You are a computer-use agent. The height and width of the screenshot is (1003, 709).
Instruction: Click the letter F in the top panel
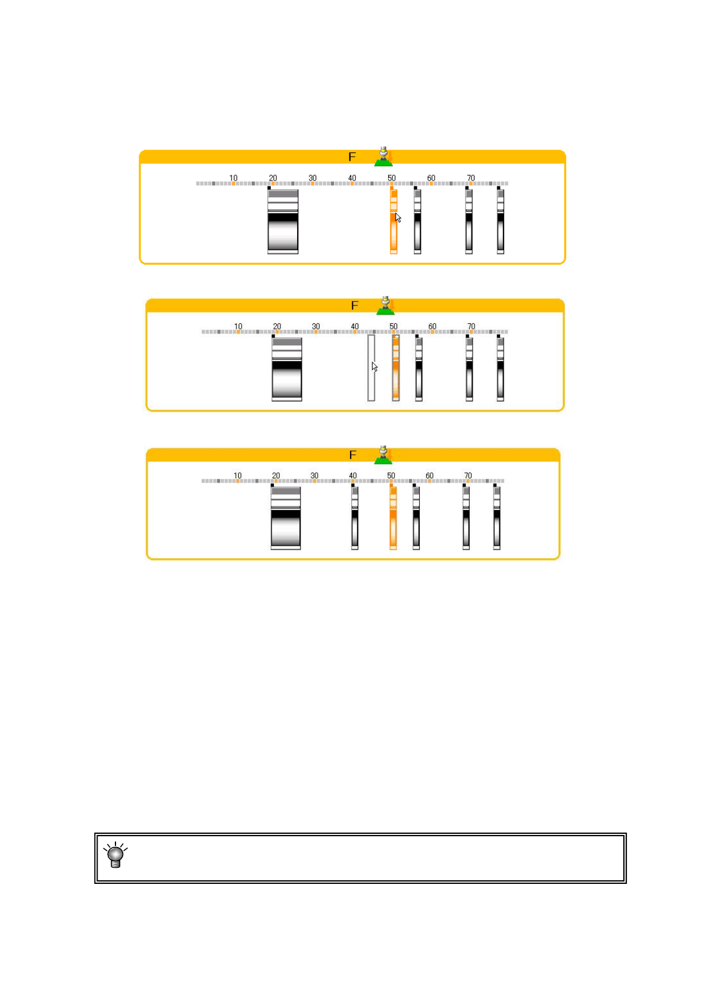(352, 157)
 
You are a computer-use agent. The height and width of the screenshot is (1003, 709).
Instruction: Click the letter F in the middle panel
(355, 306)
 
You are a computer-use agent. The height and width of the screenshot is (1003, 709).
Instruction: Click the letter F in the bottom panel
(352, 455)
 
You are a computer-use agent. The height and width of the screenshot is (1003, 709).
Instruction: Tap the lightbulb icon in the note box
(115, 855)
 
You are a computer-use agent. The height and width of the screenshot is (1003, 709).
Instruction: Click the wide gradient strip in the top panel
(283, 221)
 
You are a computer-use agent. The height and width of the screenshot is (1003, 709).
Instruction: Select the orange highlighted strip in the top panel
(393, 222)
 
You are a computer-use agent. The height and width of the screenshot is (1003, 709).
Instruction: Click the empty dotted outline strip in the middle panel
(371, 367)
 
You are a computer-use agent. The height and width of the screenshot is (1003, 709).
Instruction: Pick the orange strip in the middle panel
(395, 367)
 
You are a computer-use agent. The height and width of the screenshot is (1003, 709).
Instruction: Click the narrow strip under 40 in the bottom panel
(355, 517)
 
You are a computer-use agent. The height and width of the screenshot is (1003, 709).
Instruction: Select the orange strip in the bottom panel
(393, 517)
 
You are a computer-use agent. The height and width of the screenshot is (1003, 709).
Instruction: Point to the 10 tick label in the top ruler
(233, 177)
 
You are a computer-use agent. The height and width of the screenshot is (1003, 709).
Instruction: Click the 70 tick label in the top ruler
(471, 177)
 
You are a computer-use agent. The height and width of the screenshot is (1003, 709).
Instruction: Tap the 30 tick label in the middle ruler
(316, 326)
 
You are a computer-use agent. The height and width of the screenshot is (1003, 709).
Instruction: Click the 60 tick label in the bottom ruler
(429, 475)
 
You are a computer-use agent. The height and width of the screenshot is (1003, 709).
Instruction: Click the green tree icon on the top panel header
(384, 157)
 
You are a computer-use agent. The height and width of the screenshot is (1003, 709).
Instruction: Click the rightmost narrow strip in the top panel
(501, 221)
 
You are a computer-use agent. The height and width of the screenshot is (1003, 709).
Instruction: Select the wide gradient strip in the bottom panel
(286, 517)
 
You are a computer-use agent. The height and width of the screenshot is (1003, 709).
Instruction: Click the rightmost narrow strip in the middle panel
(501, 369)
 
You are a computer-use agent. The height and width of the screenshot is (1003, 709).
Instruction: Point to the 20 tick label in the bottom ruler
(276, 475)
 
